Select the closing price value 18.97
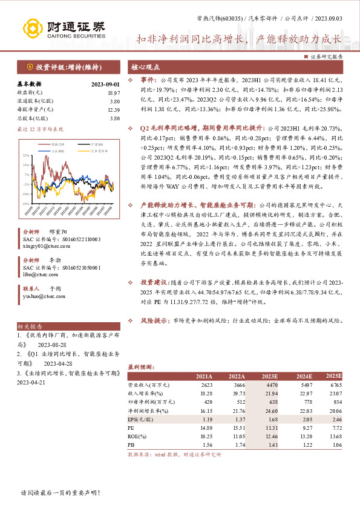(113, 92)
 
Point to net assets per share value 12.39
(113, 109)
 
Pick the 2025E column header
(334, 375)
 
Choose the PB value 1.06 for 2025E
(336, 444)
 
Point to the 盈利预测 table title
(140, 366)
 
